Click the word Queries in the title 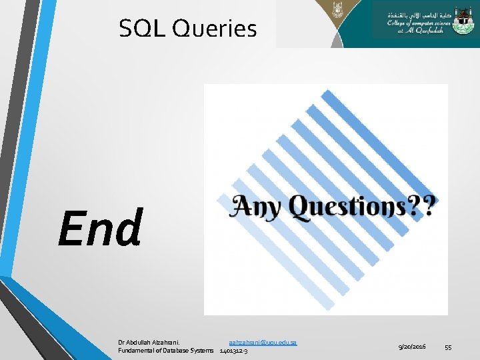point(214,29)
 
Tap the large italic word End point(100,227)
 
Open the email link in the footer point(263,342)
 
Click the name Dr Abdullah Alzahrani point(153,342)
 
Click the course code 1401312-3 point(234,351)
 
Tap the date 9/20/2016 point(412,347)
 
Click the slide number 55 point(449,347)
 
